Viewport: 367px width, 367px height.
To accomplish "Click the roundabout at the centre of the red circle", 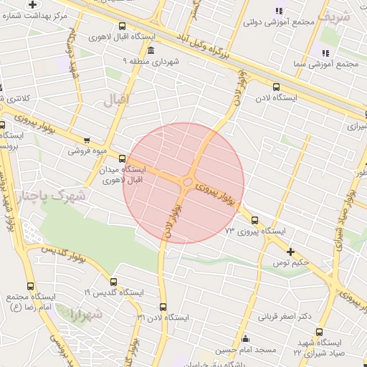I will coord(188,182).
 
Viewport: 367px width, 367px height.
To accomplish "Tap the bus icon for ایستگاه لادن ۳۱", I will coord(163,306).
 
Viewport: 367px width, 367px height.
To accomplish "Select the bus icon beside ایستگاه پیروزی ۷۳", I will coord(255,220).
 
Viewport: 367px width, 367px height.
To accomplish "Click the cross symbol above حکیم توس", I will coord(290,252).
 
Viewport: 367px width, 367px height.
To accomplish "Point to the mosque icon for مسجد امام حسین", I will coord(246,339).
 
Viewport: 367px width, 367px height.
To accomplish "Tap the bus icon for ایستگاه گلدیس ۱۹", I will coord(113,282).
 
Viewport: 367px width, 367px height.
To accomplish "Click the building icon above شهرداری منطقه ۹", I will coord(150,50).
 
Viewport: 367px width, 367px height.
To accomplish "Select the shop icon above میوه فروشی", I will coord(87,140).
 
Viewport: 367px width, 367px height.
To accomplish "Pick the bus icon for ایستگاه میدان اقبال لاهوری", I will coord(122,158).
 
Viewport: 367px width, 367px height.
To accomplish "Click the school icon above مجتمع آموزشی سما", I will coord(325,52).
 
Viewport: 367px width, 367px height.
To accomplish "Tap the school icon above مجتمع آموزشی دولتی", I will coord(279,11).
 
